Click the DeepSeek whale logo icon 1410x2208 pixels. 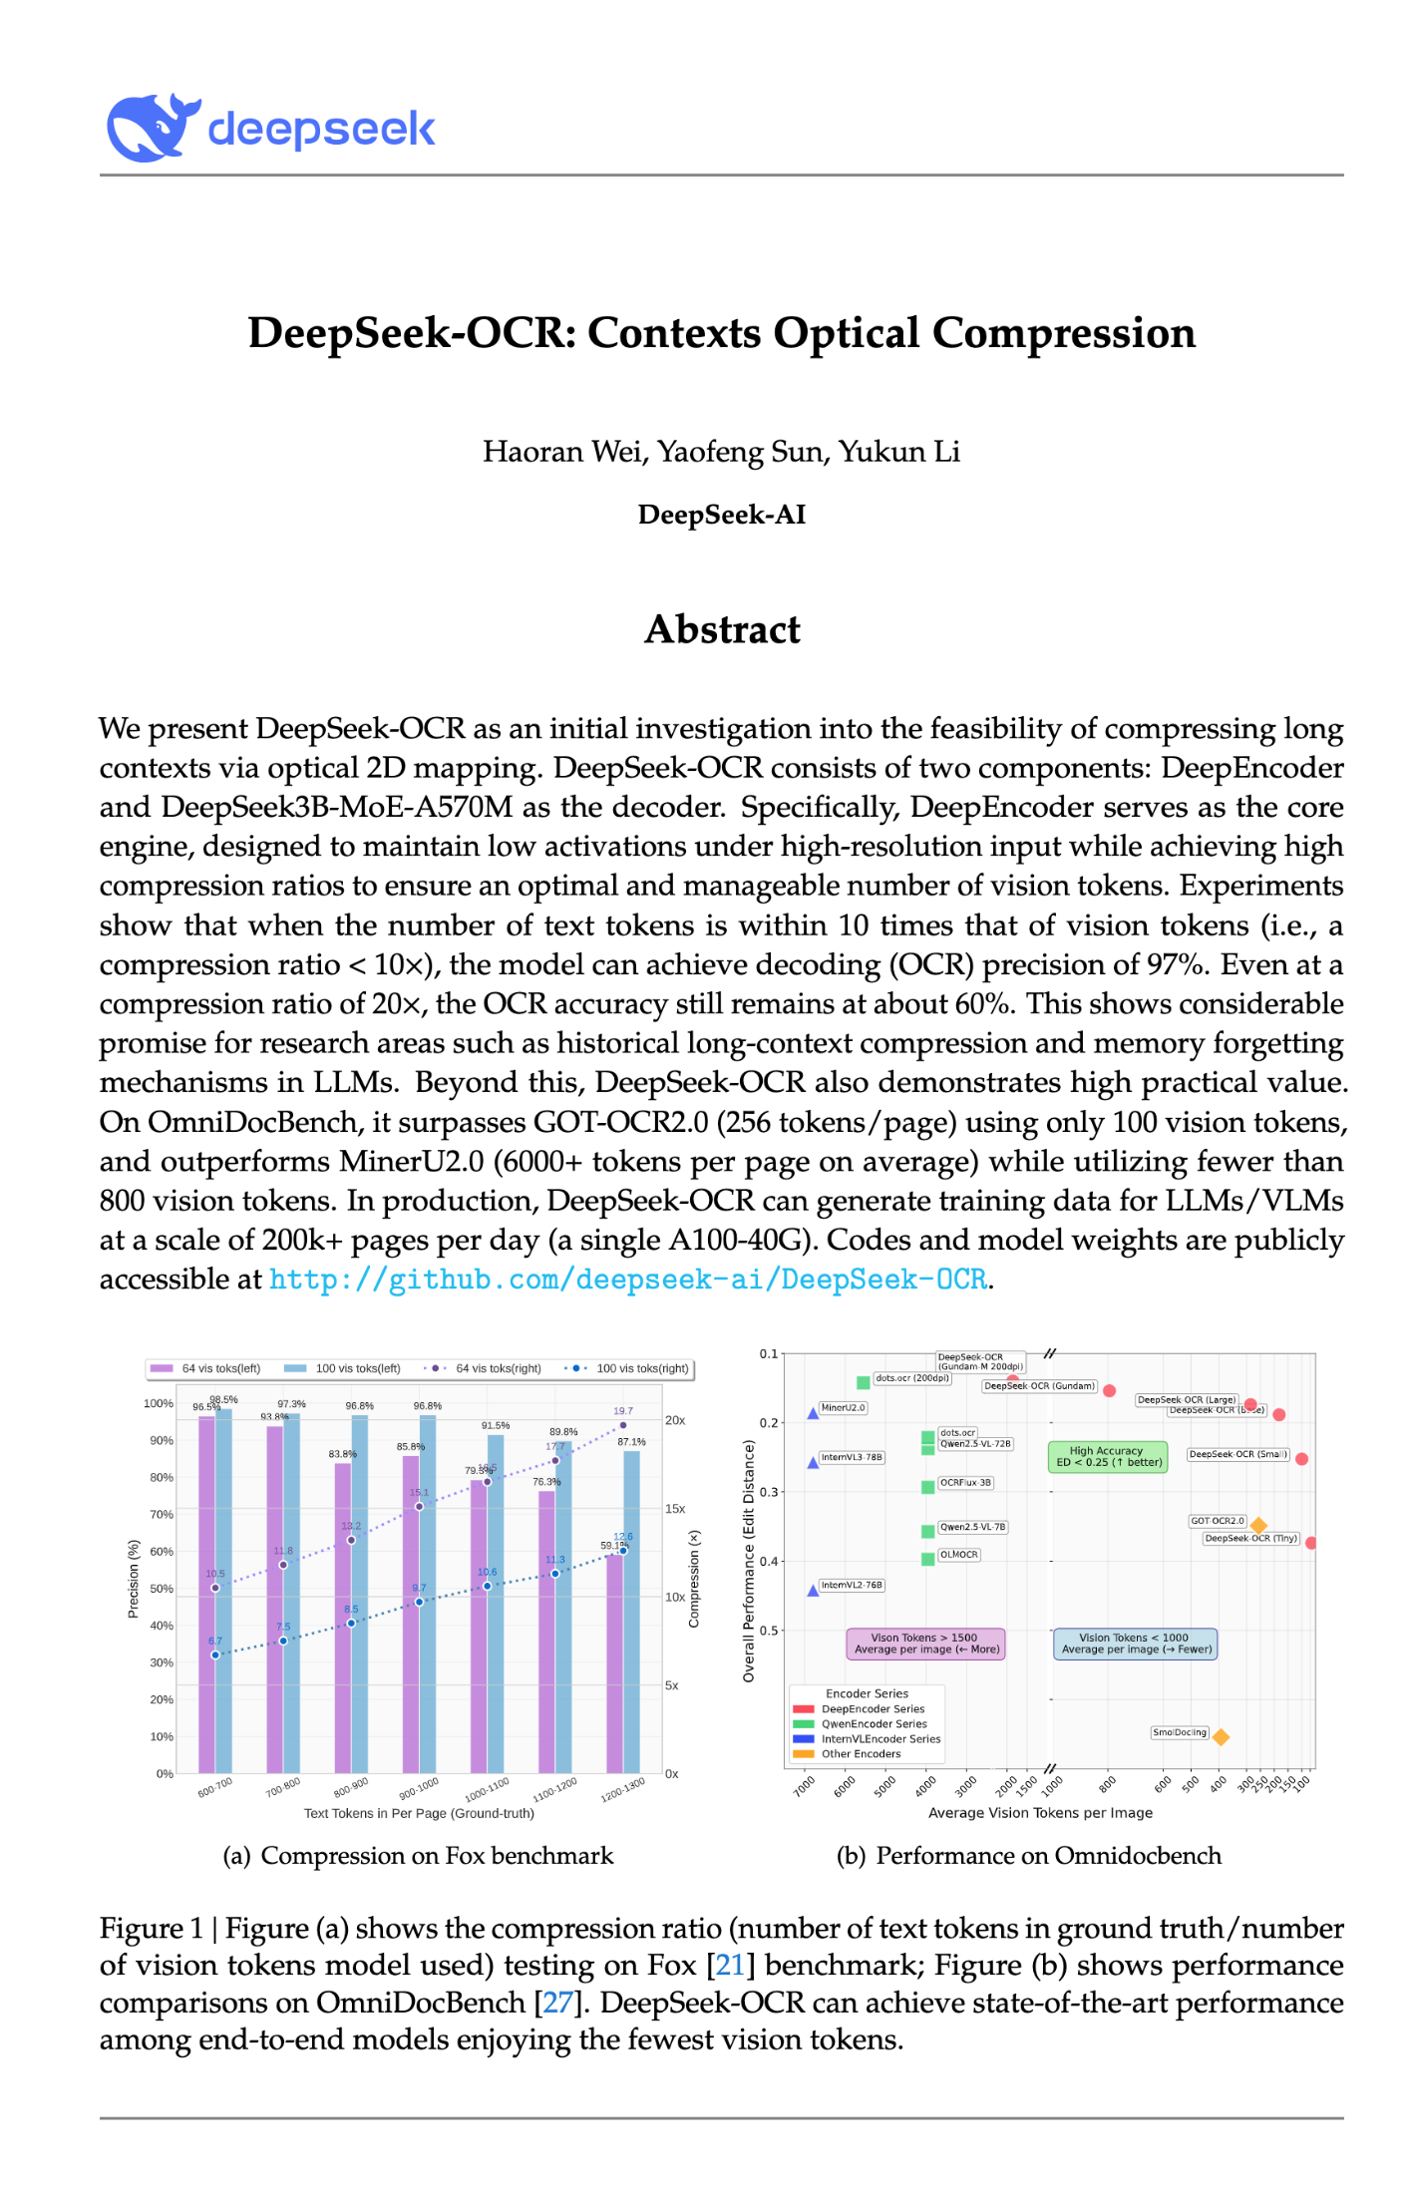151,129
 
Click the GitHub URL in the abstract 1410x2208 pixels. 627,1280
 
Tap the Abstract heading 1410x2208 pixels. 722,629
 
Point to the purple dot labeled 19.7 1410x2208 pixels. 623,1425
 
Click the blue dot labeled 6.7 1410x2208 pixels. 215,1656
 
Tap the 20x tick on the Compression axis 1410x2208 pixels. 675,1420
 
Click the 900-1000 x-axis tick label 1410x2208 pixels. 419,1788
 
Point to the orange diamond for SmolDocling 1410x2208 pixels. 1221,1737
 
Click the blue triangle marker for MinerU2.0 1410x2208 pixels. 813,1413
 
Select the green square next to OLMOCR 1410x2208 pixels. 927,1559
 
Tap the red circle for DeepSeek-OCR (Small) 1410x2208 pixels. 1301,1458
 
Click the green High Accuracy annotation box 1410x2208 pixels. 1108,1457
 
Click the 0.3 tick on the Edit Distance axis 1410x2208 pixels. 769,1492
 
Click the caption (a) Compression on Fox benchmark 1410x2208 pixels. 418,1856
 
